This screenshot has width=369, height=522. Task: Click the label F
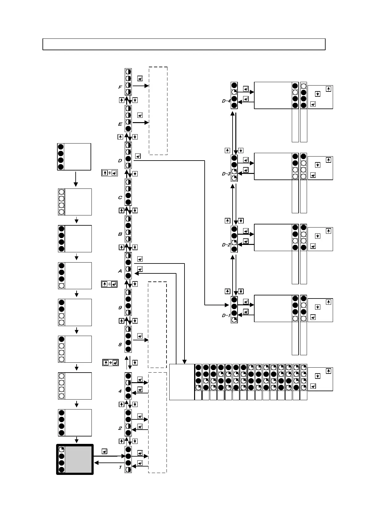(120, 87)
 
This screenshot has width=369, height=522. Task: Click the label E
(120, 124)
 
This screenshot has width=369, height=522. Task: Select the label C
(120, 197)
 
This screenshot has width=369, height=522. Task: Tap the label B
(120, 234)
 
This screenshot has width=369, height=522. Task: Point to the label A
(120, 271)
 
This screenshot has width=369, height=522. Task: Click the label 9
(120, 308)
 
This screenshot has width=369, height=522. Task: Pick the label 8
(120, 344)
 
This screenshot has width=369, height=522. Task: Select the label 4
(120, 391)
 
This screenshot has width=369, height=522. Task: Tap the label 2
(120, 428)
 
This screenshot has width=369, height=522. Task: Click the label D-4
(226, 101)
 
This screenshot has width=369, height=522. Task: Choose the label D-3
(226, 174)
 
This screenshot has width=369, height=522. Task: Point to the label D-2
(226, 245)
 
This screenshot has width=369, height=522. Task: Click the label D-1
(226, 316)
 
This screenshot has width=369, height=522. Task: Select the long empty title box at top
(184, 44)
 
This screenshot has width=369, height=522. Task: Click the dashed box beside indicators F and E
(158, 110)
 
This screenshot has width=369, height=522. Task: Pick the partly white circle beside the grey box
(61, 449)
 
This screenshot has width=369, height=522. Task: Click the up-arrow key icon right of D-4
(328, 89)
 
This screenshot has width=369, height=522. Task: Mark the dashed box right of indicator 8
(158, 325)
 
